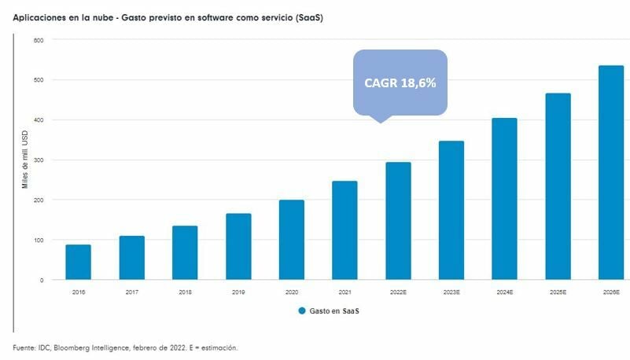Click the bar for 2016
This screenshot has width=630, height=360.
(x=78, y=263)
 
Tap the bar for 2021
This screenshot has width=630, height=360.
(x=344, y=230)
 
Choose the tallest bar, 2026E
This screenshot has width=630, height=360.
(x=610, y=173)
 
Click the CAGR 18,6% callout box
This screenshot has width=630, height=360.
(x=400, y=82)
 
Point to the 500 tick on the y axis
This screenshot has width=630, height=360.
(x=39, y=80)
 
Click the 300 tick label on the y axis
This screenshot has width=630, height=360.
(x=39, y=160)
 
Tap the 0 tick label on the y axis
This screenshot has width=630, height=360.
(x=42, y=280)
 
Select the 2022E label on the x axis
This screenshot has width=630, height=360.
(x=398, y=292)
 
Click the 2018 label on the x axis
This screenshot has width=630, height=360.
(x=185, y=292)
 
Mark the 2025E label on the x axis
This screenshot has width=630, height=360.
(x=558, y=292)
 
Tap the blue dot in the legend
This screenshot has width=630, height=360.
(x=302, y=311)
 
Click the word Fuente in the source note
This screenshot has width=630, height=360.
(x=24, y=347)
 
